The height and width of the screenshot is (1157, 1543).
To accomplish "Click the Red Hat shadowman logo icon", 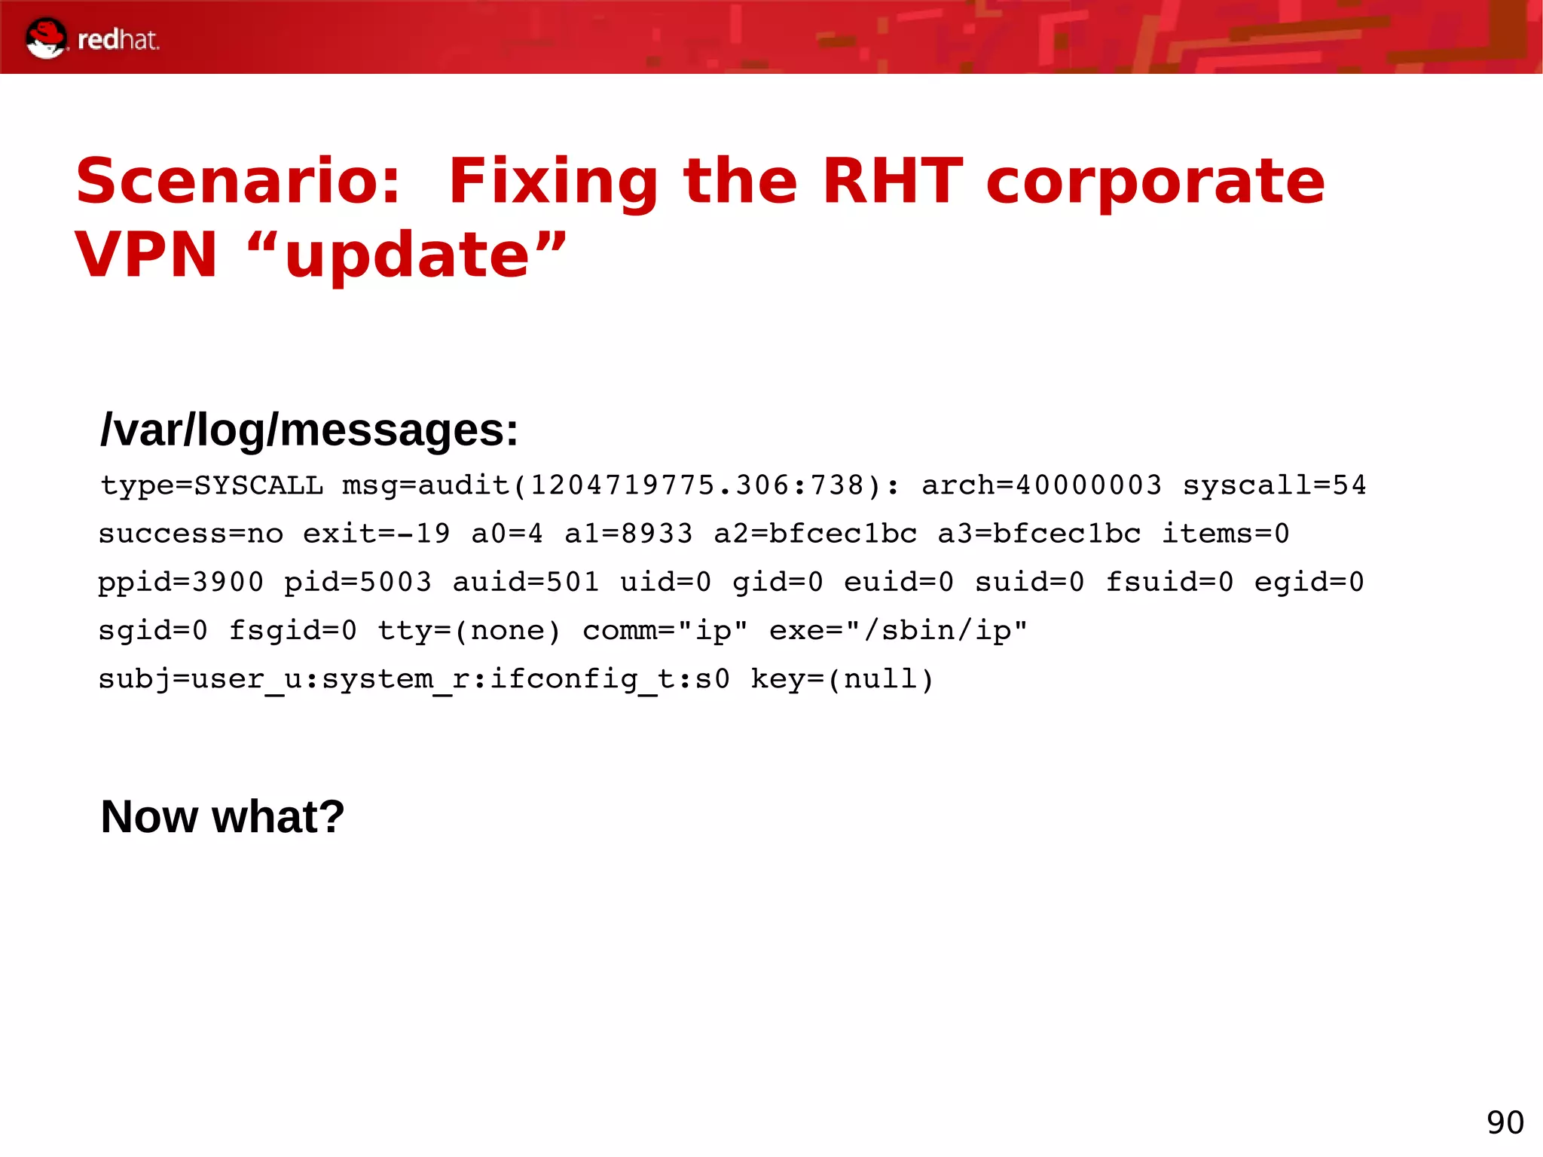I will coord(45,38).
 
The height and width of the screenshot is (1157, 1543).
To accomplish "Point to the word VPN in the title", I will coord(146,255).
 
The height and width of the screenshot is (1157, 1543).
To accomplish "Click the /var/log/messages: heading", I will coord(309,430).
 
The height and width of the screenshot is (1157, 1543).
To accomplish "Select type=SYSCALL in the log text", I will coord(212,485).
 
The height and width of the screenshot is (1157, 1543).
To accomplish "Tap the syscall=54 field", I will coord(1274,485).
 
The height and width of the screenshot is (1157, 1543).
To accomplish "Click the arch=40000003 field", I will coord(1041,485).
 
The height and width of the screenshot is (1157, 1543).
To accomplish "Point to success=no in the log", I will coord(191,534).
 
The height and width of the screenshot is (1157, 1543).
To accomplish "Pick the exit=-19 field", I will coord(376,534).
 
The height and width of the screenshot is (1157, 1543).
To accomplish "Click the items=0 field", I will coord(1225,534).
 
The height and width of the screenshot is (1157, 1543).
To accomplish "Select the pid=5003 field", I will coord(357,582).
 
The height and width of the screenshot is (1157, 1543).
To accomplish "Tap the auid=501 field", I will coord(525,582).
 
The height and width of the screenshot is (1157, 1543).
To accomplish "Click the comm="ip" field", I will coord(665,630).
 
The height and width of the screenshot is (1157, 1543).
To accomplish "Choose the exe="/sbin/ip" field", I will coord(897,630).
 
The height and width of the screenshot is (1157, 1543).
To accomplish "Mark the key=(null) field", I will coord(842,679).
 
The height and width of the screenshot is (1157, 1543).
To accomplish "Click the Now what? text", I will coord(222,816).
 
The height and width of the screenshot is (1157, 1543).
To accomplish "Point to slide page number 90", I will coord(1505,1122).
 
